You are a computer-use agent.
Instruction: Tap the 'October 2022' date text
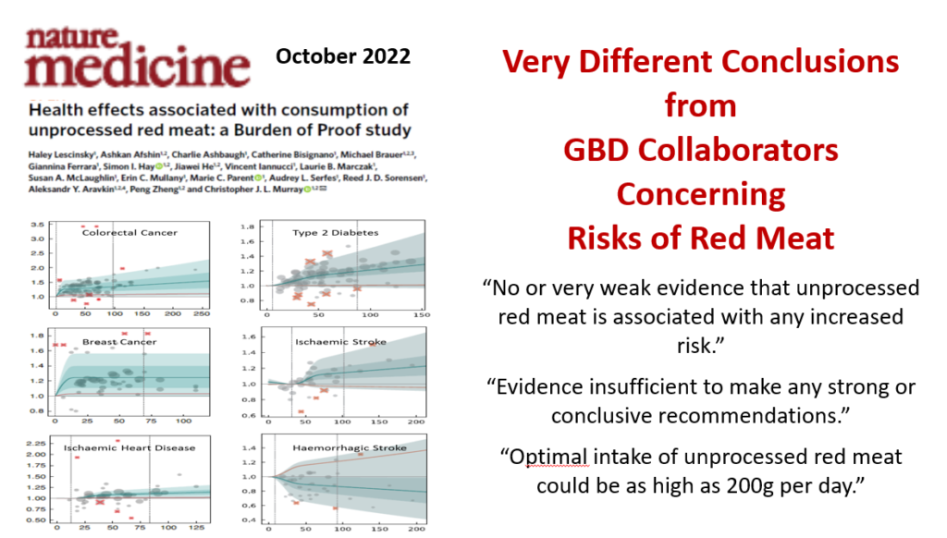coord(343,56)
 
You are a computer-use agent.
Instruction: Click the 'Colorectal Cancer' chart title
coord(130,232)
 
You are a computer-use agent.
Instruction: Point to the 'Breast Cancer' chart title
coord(118,341)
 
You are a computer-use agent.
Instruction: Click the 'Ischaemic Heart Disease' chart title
coord(129,447)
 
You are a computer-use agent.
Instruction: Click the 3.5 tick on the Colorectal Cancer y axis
coord(36,225)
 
